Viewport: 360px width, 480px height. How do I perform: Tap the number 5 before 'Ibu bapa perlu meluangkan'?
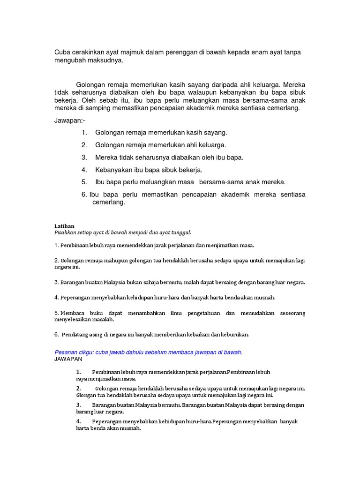(84, 182)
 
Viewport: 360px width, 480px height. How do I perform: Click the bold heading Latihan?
(65, 226)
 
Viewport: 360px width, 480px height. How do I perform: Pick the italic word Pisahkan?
(66, 232)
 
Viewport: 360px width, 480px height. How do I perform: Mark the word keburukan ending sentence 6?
(233, 335)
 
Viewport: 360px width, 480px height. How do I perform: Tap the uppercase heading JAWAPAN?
(68, 359)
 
